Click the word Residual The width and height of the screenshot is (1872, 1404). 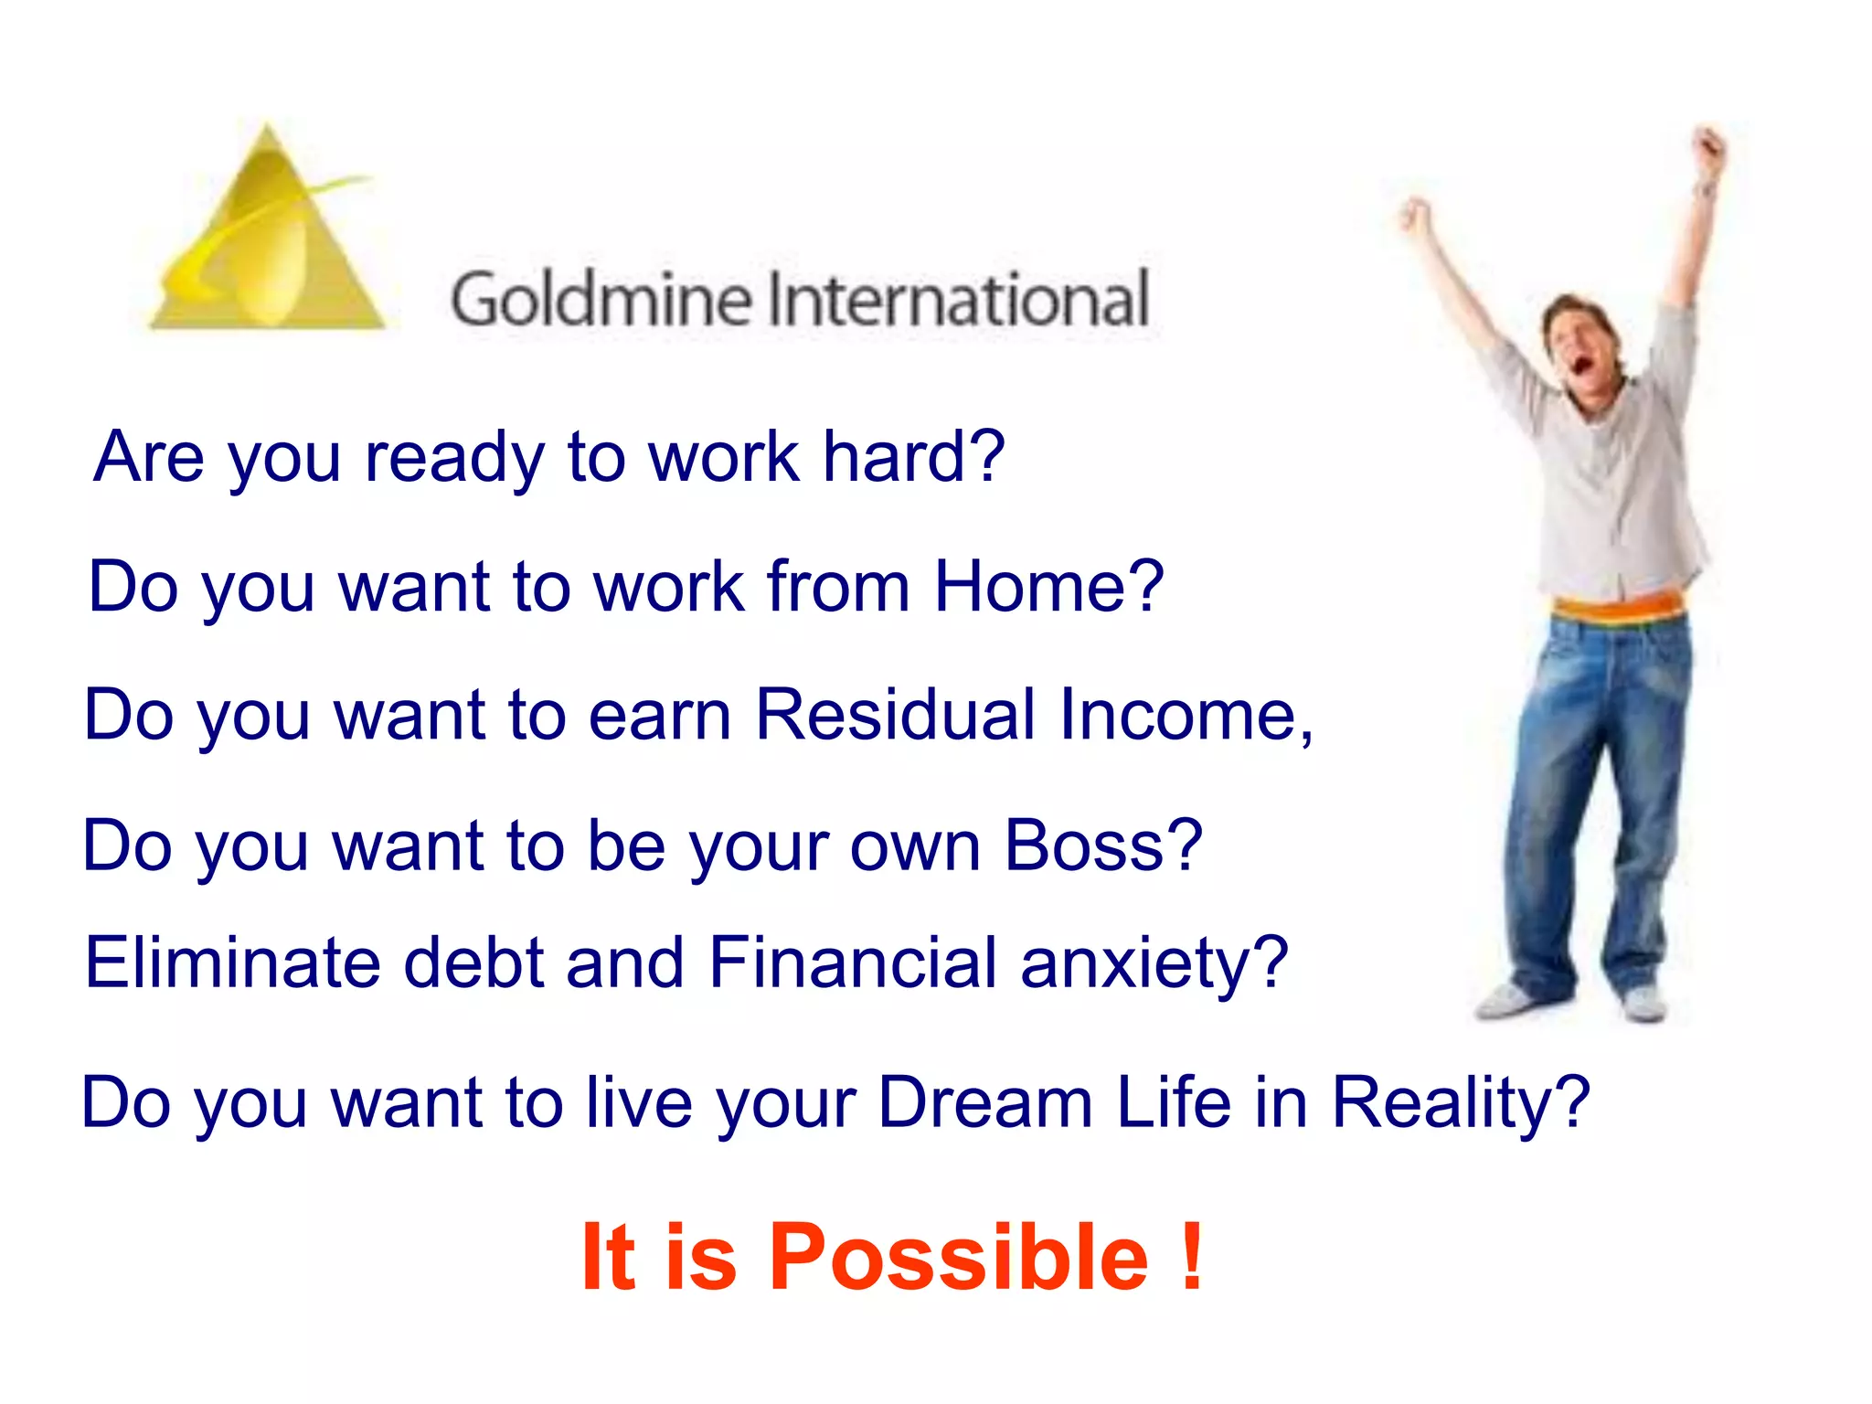coord(896,714)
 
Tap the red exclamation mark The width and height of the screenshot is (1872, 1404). coord(1191,1258)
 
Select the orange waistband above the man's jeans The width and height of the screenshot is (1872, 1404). coord(1619,608)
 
